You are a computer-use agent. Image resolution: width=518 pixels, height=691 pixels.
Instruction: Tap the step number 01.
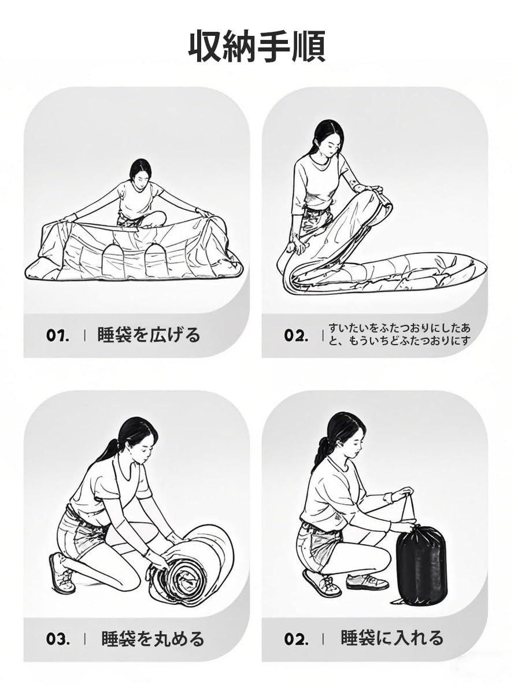pyautogui.click(x=58, y=335)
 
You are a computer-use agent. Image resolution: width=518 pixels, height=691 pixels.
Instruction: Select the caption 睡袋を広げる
pyautogui.click(x=149, y=335)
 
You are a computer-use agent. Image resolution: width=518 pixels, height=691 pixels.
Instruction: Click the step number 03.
pyautogui.click(x=58, y=639)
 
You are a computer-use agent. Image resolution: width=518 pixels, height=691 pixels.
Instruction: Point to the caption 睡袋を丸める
pyautogui.click(x=153, y=638)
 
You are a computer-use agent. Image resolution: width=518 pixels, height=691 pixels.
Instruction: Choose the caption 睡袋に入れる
pyautogui.click(x=391, y=638)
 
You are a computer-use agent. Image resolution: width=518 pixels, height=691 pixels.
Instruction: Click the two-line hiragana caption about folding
pyautogui.click(x=399, y=334)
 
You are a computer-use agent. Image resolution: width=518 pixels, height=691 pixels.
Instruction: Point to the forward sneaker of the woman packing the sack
pyautogui.click(x=367, y=582)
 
